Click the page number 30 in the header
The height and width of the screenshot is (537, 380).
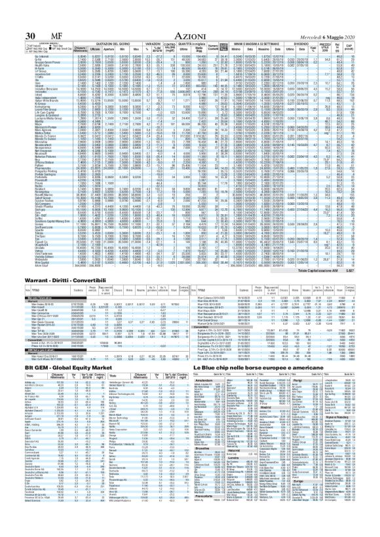click(14, 16)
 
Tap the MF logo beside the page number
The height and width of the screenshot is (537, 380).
click(30, 16)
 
